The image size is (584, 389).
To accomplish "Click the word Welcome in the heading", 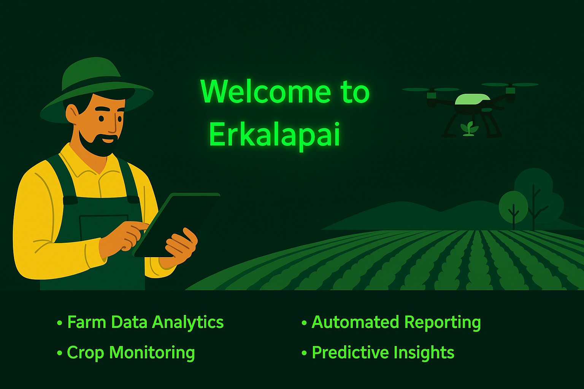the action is click(266, 92).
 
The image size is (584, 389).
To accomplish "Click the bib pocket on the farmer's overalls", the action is click(104, 227).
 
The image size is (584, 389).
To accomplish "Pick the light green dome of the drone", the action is click(473, 99).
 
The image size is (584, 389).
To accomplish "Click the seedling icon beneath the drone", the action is click(469, 128).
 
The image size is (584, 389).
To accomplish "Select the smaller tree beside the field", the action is click(513, 209).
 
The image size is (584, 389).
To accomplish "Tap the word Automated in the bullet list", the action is click(355, 322).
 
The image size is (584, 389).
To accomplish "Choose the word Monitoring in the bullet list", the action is click(152, 353).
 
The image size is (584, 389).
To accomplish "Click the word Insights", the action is click(424, 353).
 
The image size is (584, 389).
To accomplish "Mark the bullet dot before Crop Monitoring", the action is click(59, 353).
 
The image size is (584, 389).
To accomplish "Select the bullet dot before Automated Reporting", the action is click(304, 323).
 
